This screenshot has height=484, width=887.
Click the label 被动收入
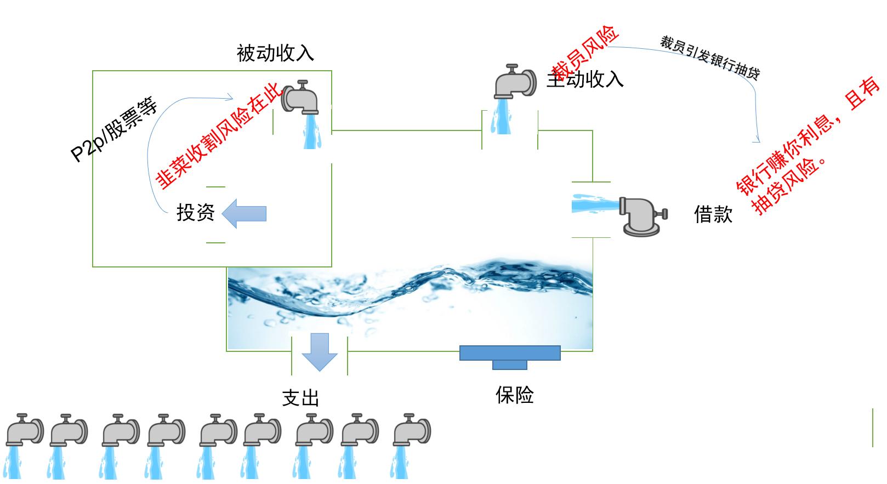[275, 53]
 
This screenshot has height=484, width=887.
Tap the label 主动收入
[585, 80]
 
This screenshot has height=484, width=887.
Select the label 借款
[713, 214]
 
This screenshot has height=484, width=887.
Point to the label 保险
[514, 395]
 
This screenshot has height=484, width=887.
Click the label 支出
[300, 398]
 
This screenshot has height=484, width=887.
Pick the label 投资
[195, 213]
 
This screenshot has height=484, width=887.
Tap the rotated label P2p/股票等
[115, 130]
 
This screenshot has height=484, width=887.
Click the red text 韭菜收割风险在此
[219, 136]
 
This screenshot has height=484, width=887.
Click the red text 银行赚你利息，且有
[809, 136]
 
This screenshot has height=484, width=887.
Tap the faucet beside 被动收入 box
[300, 97]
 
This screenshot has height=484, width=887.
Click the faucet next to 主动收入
[515, 82]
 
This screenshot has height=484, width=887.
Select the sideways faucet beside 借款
[642, 215]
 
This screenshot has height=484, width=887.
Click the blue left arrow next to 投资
[245, 213]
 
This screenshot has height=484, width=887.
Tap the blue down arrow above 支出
[320, 351]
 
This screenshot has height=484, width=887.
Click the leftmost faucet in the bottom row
[24, 430]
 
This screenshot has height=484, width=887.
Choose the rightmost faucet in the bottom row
[412, 430]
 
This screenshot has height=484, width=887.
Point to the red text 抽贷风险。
[789, 185]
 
